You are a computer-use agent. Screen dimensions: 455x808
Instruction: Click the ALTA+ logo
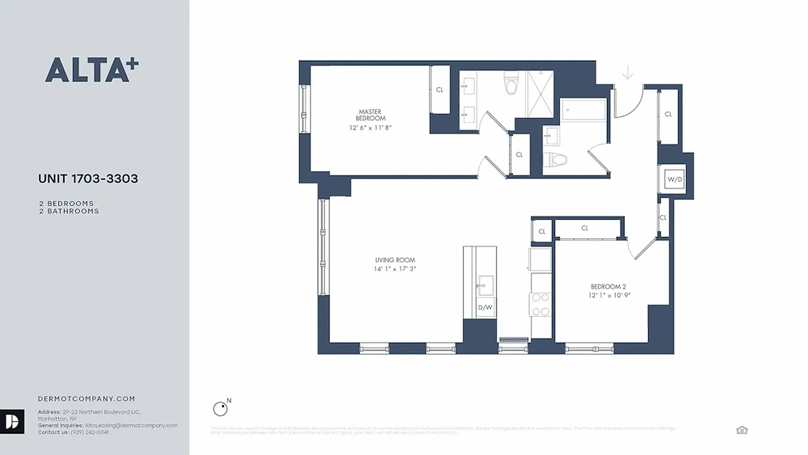pos(92,70)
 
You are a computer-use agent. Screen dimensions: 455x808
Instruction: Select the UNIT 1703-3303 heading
pos(88,179)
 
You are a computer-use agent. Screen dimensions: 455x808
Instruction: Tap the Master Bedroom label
pos(370,115)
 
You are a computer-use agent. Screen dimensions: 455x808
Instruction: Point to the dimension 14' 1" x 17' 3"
pos(392,269)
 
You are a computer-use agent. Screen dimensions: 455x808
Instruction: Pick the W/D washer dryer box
pos(674,180)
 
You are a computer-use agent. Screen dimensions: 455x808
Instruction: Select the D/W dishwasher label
pos(484,308)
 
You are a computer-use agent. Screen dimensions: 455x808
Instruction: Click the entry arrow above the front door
pos(628,73)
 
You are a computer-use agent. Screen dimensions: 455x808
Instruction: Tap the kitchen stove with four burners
pos(541,304)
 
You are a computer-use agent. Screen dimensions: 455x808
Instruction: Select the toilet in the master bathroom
pos(511,85)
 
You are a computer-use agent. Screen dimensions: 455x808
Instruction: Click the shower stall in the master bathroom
pos(540,94)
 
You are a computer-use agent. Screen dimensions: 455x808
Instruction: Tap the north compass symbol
pos(220,408)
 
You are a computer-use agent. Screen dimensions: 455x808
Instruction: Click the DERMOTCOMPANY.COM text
pos(86,399)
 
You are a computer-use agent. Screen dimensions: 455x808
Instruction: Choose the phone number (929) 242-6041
pos(89,432)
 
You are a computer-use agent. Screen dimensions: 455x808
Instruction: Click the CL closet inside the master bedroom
pos(440,90)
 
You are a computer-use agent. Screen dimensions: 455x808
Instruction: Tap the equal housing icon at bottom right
pos(741,430)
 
